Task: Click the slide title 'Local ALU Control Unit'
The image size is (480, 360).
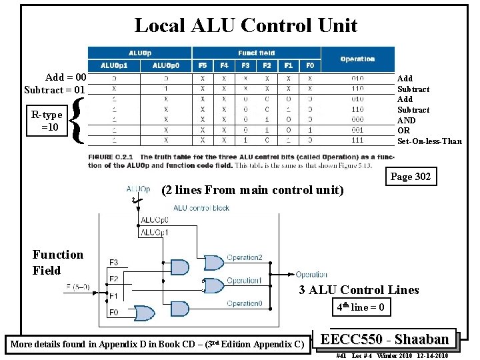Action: coord(245,25)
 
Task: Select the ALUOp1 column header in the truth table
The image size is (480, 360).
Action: coord(115,65)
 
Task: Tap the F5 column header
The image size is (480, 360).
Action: coord(202,65)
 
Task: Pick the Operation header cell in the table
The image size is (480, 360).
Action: coord(357,59)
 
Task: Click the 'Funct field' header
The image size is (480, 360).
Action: coord(256,53)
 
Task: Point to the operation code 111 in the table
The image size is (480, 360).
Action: coord(357,141)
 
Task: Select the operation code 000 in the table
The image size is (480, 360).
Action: coord(357,120)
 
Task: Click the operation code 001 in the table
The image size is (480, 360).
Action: coord(357,130)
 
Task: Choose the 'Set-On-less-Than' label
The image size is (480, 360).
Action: coord(429,141)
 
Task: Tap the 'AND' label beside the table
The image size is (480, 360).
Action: coord(406,120)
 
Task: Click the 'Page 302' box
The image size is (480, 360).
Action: coord(410,177)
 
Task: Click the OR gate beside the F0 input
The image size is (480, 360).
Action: coord(145,313)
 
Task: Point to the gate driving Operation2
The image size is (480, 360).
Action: coord(214,261)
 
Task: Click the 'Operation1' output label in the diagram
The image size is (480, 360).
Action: coord(244,281)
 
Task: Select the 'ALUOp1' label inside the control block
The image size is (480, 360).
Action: coord(155,233)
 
